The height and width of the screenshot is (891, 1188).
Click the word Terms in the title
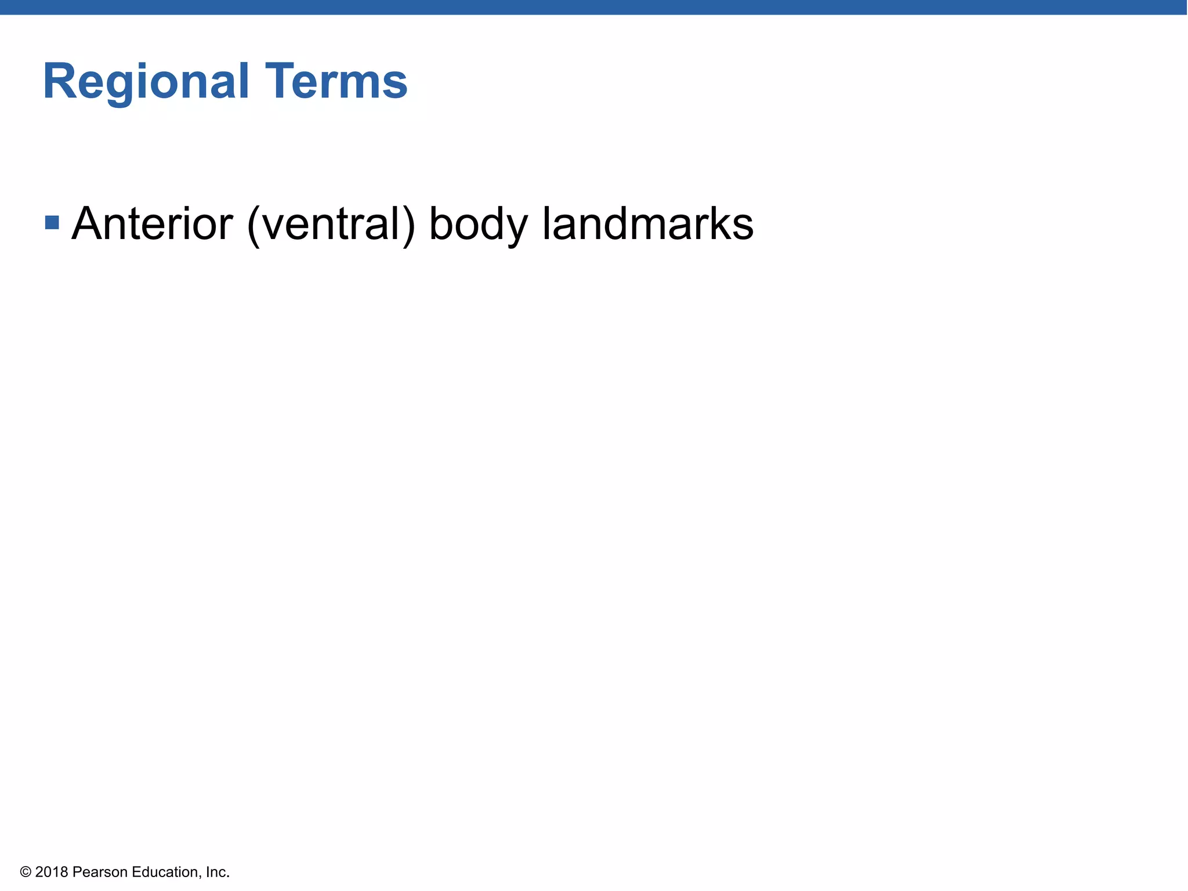point(336,82)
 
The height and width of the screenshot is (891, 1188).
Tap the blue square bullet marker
point(52,222)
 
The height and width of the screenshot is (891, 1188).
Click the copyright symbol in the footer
point(26,872)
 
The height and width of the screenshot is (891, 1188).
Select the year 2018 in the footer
point(52,872)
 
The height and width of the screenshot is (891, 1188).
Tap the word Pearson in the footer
point(100,872)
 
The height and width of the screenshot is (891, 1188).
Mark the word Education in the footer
point(166,872)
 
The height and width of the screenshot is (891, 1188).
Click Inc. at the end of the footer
point(218,872)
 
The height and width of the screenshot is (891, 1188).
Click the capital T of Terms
point(280,82)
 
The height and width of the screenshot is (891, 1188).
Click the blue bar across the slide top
point(594,7)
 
